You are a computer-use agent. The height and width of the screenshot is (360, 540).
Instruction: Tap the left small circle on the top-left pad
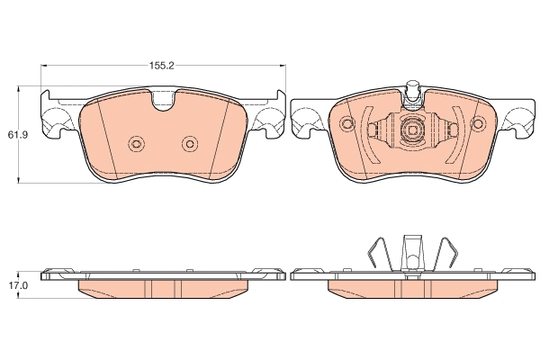click(x=137, y=144)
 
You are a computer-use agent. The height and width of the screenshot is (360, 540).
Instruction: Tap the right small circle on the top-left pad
click(x=189, y=144)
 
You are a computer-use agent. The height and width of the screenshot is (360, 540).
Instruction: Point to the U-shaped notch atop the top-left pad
click(x=164, y=101)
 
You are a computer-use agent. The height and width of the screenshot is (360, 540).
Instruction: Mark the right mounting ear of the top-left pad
click(x=269, y=118)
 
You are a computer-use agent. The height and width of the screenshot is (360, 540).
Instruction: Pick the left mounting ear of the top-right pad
click(x=307, y=118)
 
